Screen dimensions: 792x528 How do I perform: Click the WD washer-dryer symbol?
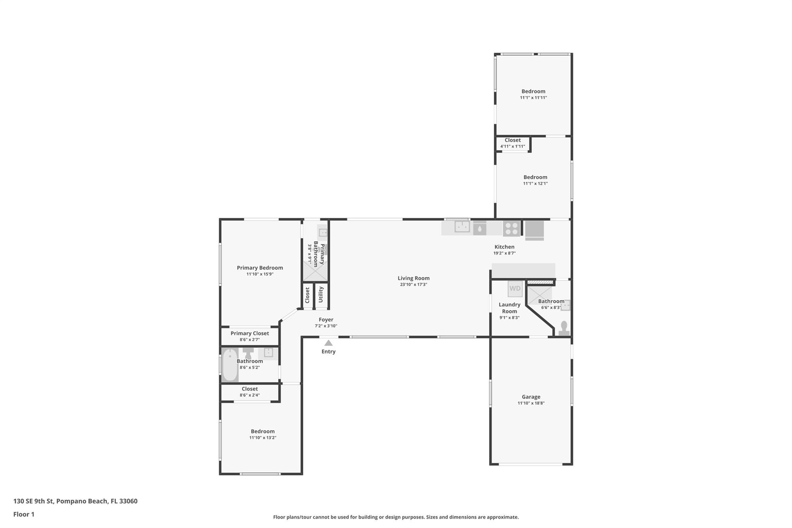point(515,289)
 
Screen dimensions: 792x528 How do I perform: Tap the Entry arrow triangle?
point(328,343)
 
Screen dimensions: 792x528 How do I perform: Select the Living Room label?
point(413,278)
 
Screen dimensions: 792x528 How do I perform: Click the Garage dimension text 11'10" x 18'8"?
point(531,403)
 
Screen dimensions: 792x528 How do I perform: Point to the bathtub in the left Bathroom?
point(230,365)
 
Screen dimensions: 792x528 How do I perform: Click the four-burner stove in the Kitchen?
point(512,229)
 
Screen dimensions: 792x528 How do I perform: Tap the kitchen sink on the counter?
point(462,226)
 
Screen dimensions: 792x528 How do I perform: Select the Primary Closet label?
point(250,333)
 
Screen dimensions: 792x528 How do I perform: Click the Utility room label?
point(321,295)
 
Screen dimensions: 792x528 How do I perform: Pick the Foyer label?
point(326,320)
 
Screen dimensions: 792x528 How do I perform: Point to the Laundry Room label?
point(509,308)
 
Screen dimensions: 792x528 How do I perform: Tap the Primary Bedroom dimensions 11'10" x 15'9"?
point(260,274)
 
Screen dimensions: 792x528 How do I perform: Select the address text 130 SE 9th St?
point(34,501)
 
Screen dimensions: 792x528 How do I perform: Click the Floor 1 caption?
point(24,514)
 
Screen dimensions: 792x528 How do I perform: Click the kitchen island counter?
point(524,271)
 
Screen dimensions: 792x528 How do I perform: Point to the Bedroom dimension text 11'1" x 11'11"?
point(533,98)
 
